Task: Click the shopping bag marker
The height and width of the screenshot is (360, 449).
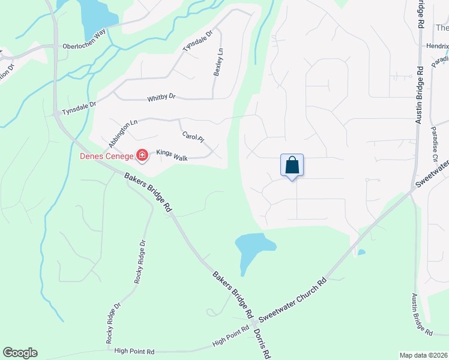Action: pos(292,165)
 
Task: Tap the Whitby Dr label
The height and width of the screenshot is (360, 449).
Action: pos(161,97)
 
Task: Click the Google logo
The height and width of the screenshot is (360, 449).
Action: pos(20,353)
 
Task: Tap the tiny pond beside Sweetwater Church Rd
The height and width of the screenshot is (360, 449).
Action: pos(361,253)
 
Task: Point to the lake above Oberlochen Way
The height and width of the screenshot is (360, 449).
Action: pos(94,16)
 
